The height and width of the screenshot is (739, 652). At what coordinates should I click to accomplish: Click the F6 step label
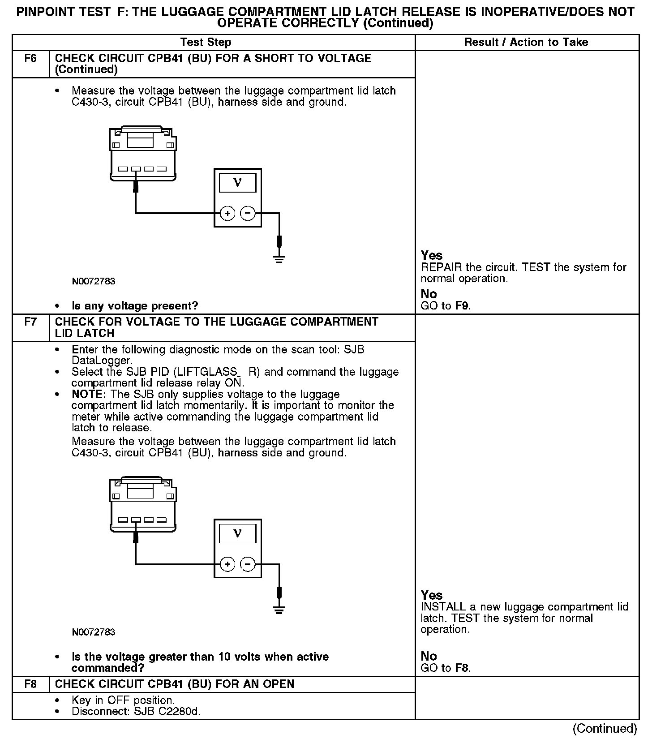(x=30, y=59)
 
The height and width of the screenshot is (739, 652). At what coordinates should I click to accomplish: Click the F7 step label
(x=30, y=322)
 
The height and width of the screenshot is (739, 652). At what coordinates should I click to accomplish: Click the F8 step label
(x=30, y=684)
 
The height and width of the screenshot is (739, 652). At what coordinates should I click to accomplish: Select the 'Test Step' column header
(x=206, y=43)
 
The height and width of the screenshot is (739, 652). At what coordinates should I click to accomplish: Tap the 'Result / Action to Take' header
(x=526, y=43)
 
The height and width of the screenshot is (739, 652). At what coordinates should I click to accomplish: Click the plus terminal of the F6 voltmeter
(x=227, y=214)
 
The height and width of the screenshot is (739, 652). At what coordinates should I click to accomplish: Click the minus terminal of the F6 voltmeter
(x=248, y=214)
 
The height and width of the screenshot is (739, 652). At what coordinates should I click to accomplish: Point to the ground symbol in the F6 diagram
(x=279, y=258)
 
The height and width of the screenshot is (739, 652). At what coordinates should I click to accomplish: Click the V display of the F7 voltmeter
(x=237, y=533)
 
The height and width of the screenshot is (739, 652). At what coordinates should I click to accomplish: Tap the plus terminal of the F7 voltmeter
(x=227, y=564)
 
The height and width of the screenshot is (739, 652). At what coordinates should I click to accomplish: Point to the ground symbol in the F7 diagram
(x=279, y=609)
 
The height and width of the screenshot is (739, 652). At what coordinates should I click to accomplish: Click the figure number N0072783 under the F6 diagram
(x=94, y=282)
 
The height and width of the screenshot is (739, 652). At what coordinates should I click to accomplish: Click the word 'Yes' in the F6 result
(x=432, y=256)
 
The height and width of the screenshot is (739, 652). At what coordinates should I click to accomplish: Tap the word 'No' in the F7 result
(x=429, y=656)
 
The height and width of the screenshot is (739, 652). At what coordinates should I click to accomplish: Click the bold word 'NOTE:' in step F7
(x=89, y=395)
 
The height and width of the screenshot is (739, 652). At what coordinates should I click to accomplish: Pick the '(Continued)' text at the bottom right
(x=605, y=728)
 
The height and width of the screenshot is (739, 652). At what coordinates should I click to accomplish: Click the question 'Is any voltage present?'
(x=135, y=306)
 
